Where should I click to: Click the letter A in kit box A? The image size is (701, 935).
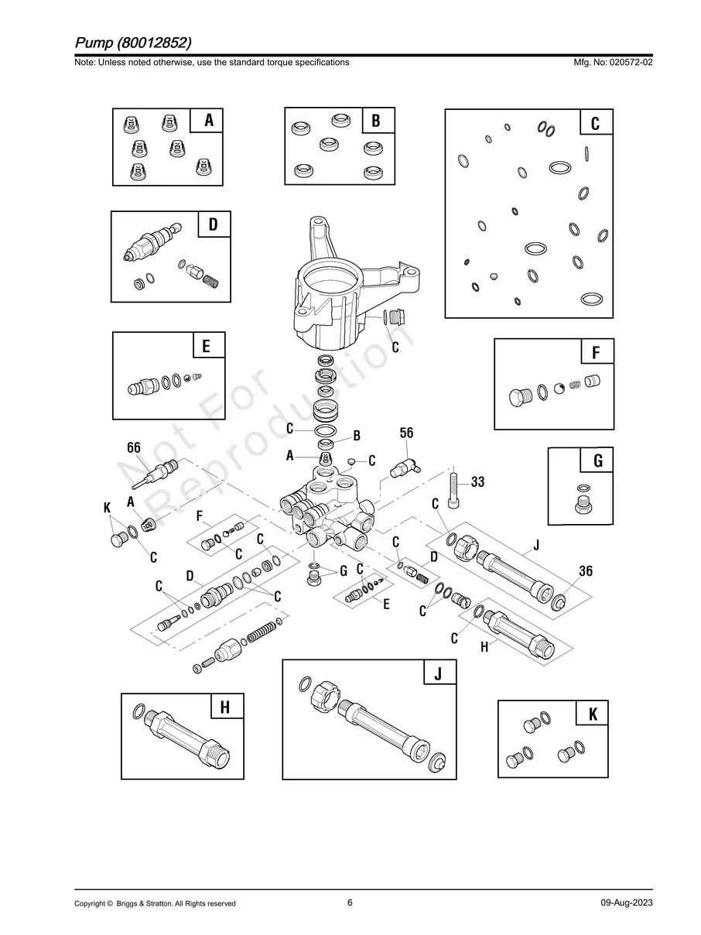coord(208,122)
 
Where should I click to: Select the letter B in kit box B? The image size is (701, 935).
coord(376,121)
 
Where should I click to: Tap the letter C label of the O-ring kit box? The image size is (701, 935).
coord(595,124)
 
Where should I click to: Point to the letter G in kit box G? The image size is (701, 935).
coord(597,461)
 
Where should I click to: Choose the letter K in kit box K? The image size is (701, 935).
coord(593,714)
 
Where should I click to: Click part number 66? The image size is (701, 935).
coord(134,448)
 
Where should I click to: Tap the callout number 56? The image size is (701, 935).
coord(407,433)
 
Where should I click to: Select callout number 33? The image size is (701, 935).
coord(477,482)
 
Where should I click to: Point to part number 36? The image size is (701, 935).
coord(586,571)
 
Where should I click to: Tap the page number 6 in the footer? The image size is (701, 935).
coord(350,902)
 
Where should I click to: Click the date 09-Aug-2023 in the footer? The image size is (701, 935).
coord(626,903)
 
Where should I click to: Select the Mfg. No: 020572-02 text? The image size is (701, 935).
coord(610,62)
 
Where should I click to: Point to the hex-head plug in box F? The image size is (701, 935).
coord(518,396)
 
